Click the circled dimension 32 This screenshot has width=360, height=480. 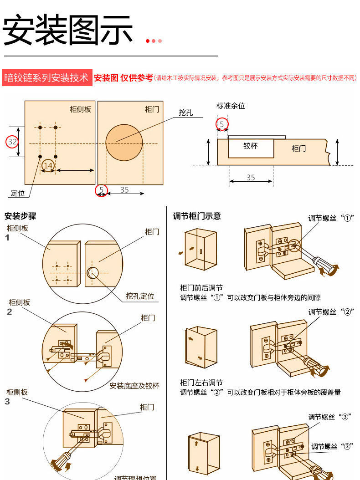(12, 142)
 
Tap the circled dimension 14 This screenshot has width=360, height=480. (48, 165)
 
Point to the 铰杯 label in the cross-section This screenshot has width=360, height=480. (251, 146)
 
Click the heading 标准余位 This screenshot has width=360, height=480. (231, 106)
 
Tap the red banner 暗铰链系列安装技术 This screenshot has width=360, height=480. (46, 78)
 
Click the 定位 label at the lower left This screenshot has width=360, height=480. (18, 193)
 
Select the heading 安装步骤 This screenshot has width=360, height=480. (21, 216)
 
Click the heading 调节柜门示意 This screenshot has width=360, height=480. (197, 216)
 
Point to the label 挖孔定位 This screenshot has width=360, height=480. (140, 296)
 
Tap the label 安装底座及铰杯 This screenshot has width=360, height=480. (134, 386)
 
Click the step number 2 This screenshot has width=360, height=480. (9, 312)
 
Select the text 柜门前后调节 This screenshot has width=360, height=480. (201, 288)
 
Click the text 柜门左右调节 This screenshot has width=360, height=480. (201, 382)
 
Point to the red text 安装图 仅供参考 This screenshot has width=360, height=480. (123, 78)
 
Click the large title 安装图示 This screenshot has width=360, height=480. (68, 31)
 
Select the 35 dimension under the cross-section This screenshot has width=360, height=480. (251, 178)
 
